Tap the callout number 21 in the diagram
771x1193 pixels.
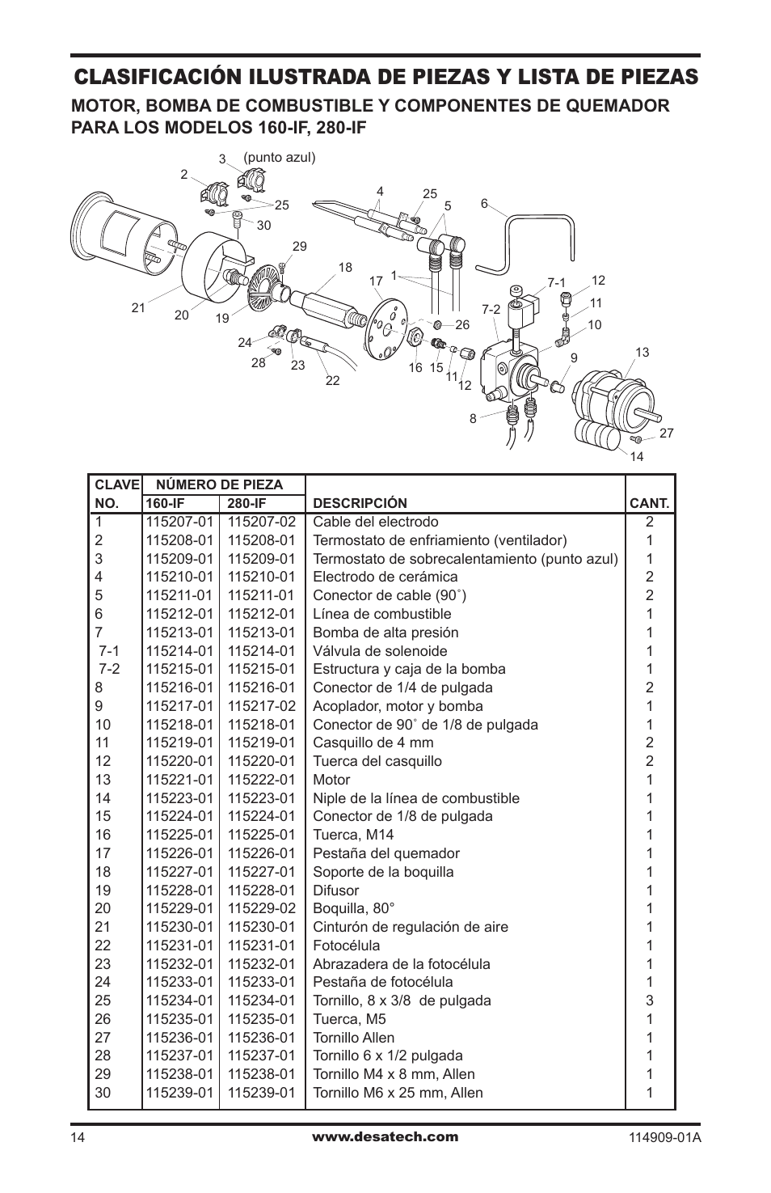(x=137, y=307)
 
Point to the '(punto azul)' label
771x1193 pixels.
(x=279, y=157)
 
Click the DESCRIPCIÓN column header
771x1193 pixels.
(x=360, y=504)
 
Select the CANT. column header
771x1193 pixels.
(x=649, y=504)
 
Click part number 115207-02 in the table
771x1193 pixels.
(x=261, y=522)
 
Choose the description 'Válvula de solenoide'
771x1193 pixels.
(x=380, y=651)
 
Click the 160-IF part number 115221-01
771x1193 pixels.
(x=179, y=780)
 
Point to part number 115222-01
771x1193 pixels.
(x=261, y=780)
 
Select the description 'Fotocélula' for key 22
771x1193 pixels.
(x=346, y=946)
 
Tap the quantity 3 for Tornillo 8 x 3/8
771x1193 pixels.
(x=649, y=1001)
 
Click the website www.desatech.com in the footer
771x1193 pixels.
(x=385, y=1136)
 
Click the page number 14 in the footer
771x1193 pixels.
(x=77, y=1139)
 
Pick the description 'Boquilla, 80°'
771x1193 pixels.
(x=353, y=908)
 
